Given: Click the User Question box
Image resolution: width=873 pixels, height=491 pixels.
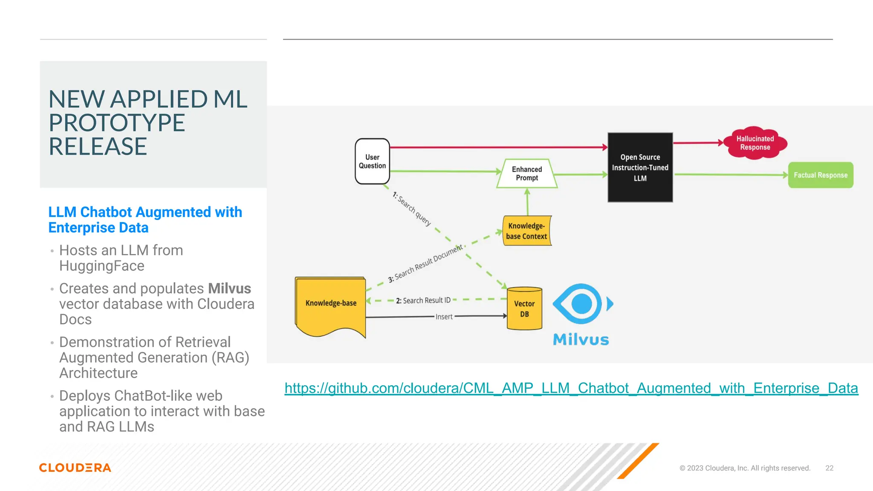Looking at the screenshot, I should [372, 162].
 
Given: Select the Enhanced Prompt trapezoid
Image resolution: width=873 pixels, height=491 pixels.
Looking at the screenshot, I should [527, 173].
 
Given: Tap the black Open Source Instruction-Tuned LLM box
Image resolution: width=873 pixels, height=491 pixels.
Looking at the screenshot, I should [640, 168].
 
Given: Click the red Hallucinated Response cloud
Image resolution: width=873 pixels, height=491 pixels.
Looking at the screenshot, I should [755, 143].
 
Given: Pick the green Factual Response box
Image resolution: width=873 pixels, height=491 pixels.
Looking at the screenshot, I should [820, 175].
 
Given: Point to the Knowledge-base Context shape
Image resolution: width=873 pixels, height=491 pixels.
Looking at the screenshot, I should [527, 231].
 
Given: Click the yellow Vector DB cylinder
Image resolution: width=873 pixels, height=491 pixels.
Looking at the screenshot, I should [524, 309].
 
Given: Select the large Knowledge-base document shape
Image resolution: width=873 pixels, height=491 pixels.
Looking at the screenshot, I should [331, 303].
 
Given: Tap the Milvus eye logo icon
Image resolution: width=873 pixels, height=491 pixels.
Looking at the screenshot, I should [582, 304].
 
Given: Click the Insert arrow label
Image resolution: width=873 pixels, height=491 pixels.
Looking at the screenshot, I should [444, 317].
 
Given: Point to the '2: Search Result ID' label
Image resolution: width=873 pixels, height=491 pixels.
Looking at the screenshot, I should [423, 300].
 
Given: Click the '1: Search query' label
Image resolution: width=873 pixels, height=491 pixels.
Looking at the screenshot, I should [411, 209].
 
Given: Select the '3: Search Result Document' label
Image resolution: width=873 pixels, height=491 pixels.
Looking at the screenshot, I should [425, 264].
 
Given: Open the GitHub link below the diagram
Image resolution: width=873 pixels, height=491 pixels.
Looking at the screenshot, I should [571, 388].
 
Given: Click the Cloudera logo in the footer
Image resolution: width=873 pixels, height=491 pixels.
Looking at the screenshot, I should [75, 468].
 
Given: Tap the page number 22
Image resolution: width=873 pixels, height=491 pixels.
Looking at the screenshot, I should [829, 468].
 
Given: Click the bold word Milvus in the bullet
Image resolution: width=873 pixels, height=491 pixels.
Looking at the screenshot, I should [229, 289].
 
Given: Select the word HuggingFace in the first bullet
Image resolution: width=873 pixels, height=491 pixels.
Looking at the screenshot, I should [102, 266].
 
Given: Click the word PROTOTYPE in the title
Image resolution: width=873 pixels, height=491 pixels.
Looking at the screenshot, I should [117, 123].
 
